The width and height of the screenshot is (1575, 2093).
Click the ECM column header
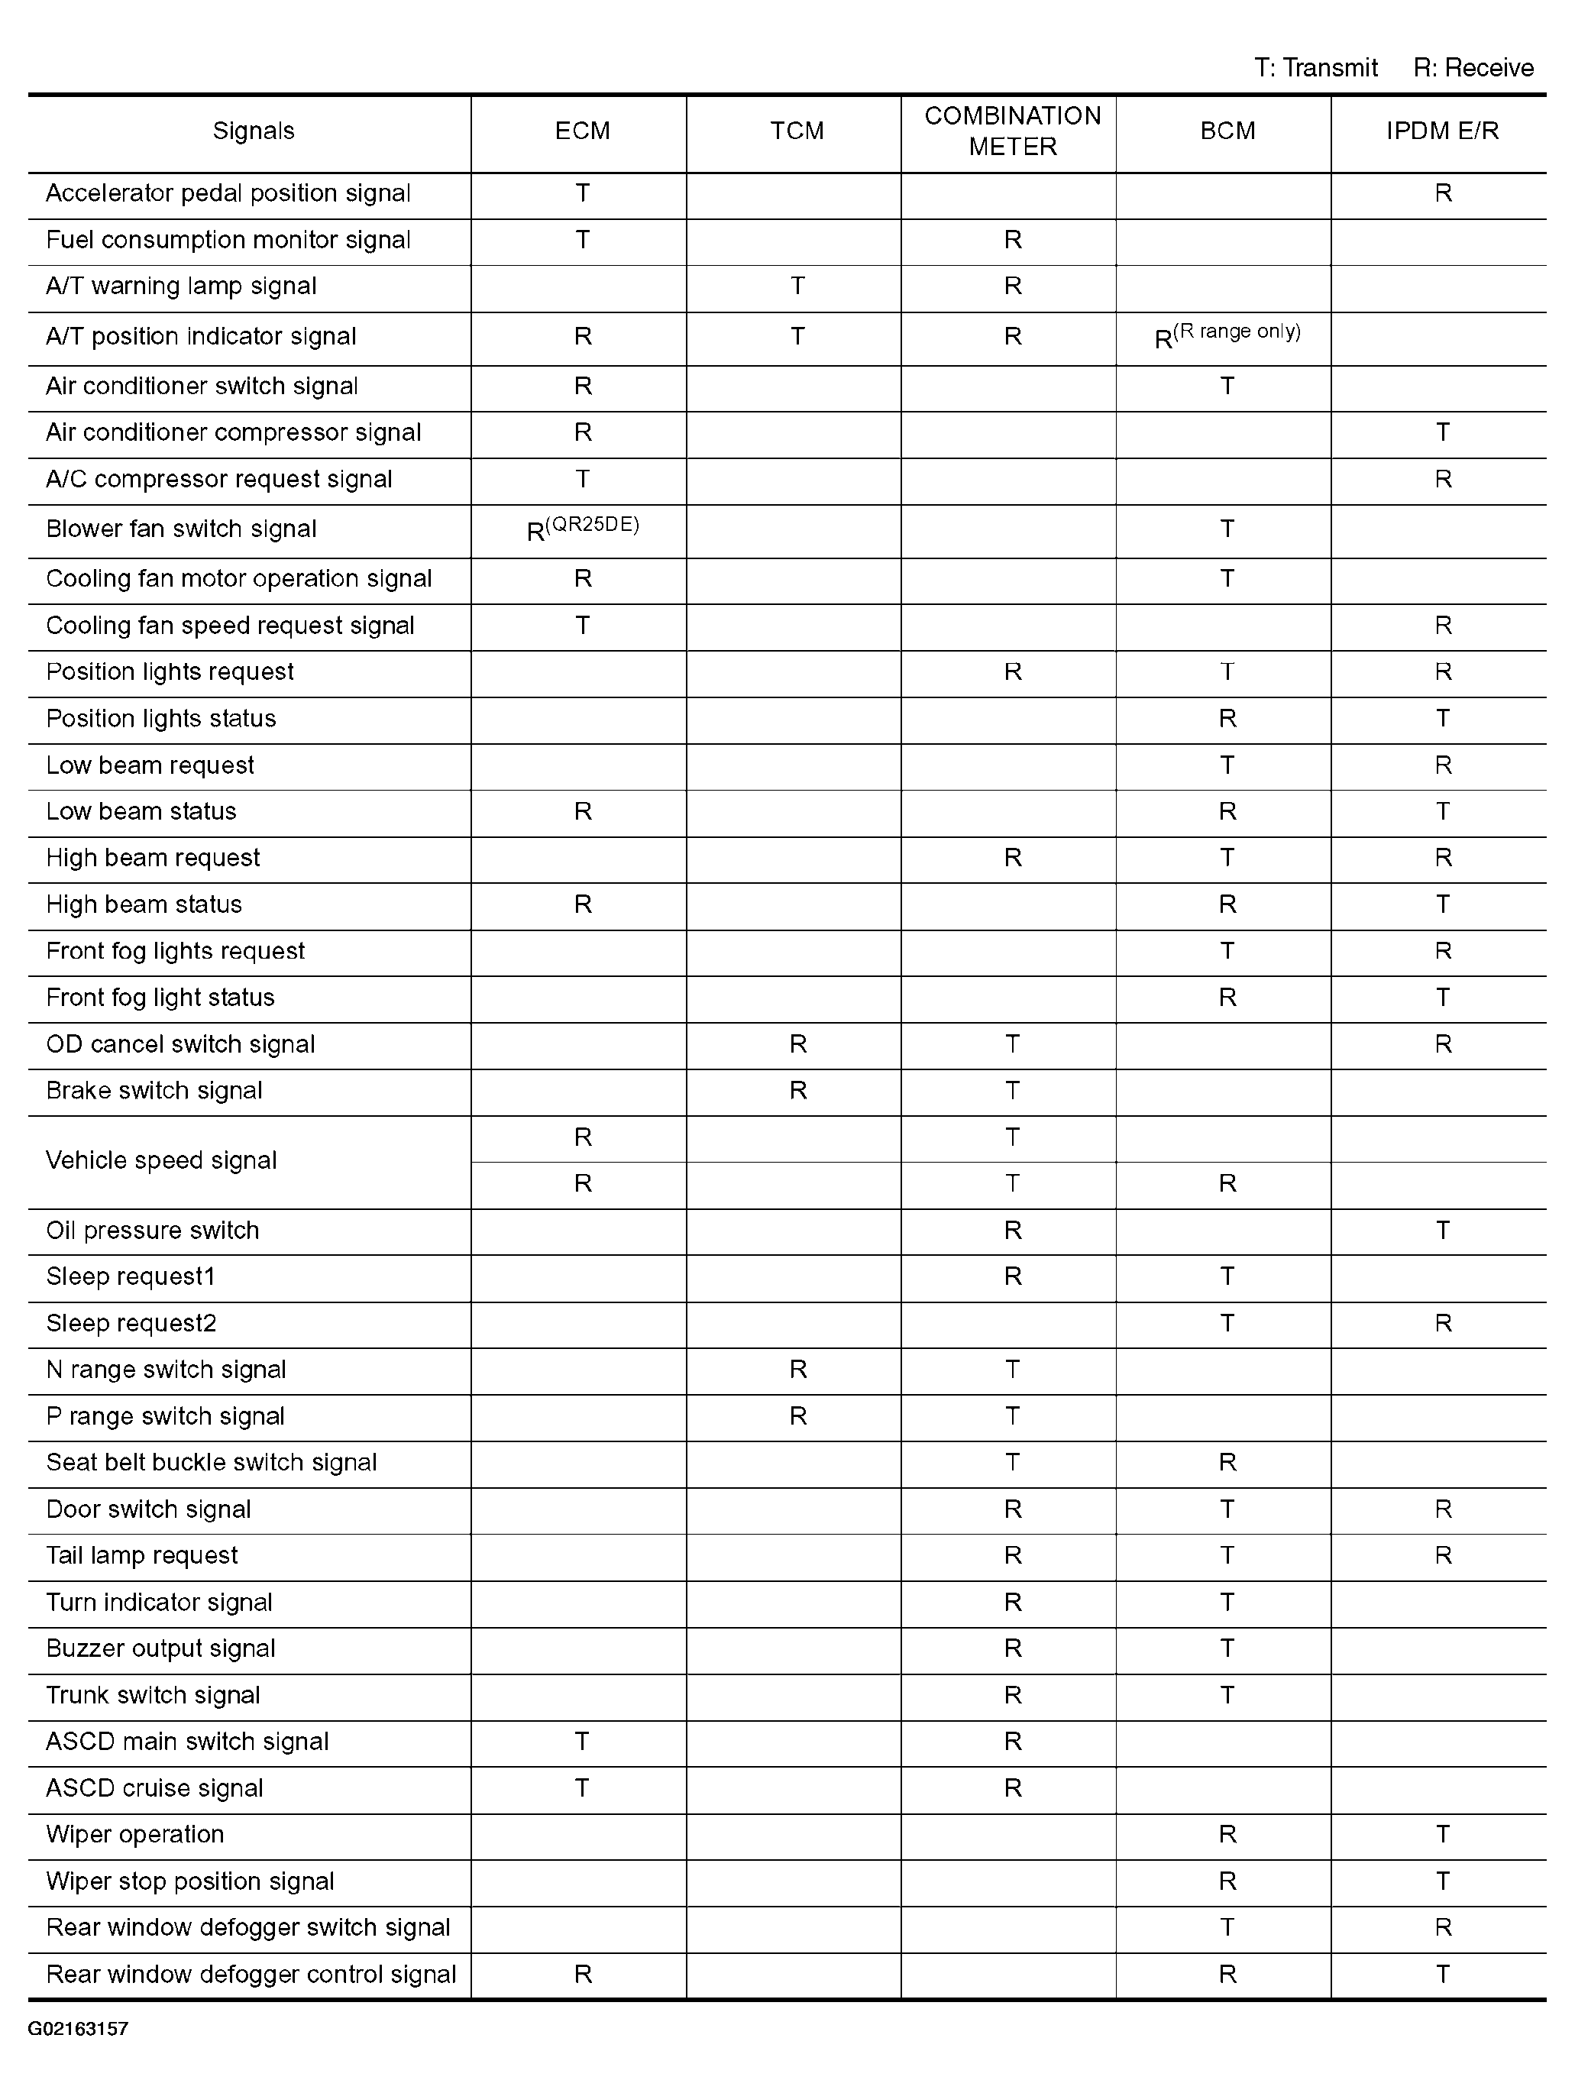click(x=582, y=131)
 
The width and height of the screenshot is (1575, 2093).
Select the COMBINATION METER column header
click(x=1012, y=131)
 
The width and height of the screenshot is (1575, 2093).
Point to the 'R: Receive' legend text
click(x=1473, y=68)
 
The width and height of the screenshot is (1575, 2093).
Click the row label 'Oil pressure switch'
click(x=152, y=1230)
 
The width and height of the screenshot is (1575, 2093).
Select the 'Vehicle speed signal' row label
click(x=161, y=1160)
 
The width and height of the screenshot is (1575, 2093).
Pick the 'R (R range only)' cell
click(x=1227, y=337)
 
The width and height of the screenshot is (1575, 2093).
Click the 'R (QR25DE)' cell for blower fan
click(x=582, y=529)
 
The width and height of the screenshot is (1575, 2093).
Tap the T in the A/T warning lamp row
click(x=797, y=286)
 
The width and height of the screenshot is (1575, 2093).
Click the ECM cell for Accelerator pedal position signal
click(x=583, y=193)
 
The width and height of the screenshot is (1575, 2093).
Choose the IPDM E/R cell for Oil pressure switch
click(x=1443, y=1230)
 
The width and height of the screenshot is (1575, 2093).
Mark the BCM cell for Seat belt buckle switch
click(x=1227, y=1463)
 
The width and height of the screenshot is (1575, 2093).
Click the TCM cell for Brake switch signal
click(x=797, y=1091)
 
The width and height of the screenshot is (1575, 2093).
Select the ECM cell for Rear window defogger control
click(x=583, y=1975)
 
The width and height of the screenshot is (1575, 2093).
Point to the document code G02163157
click(x=78, y=2029)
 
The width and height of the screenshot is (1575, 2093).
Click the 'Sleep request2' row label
click(x=131, y=1323)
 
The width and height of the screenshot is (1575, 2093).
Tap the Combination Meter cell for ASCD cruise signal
click(x=1012, y=1788)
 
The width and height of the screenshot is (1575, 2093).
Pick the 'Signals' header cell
click(x=253, y=131)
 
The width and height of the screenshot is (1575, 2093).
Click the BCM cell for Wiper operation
click(x=1227, y=1835)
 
